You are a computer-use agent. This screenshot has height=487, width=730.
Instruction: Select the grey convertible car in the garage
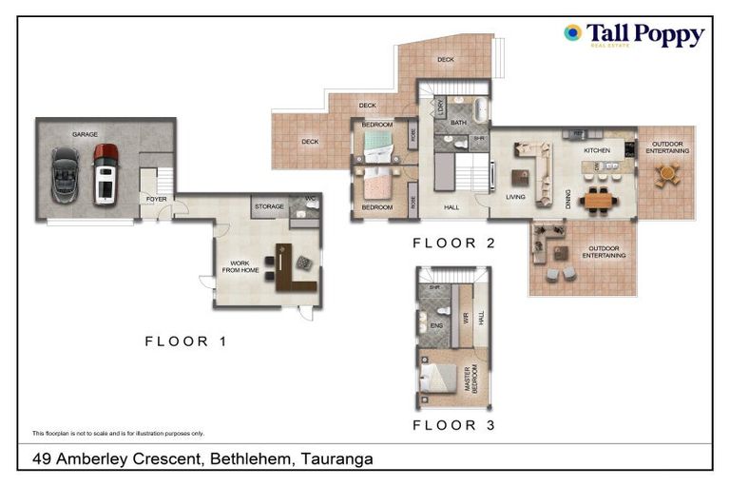pos(66,174)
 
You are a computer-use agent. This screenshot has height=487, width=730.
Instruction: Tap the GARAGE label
pos(86,135)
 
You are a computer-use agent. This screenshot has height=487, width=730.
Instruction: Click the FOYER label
pos(155,199)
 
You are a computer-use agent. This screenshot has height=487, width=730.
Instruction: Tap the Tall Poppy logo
pos(633,35)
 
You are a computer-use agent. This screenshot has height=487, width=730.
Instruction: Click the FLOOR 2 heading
pos(453,243)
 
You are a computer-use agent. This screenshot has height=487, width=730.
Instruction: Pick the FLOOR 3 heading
pos(453,425)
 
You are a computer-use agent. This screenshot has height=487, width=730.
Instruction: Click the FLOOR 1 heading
pos(185,341)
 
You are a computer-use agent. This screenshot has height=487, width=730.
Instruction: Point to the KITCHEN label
pos(596,150)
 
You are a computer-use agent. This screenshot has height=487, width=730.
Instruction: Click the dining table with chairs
pos(598,199)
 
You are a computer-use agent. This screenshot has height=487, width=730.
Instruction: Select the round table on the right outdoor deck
pos(667,173)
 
